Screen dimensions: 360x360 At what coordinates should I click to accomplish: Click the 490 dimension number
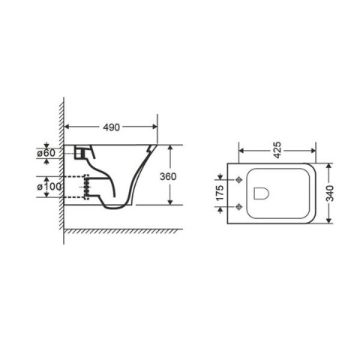tap(112, 127)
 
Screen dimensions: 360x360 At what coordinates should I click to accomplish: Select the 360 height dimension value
tap(168, 176)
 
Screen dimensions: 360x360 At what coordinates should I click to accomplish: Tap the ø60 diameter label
tap(46, 153)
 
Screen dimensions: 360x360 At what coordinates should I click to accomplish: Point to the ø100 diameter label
tap(49, 187)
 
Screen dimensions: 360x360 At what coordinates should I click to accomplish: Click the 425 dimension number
tap(277, 150)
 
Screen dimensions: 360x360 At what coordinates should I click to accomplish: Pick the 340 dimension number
tap(330, 193)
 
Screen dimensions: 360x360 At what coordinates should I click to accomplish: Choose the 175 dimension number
tap(220, 193)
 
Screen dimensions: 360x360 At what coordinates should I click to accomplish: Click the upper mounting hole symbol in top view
tap(239, 179)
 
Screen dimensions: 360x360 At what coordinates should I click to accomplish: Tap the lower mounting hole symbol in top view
tap(239, 207)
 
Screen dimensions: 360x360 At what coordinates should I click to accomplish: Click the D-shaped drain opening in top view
tap(262, 193)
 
